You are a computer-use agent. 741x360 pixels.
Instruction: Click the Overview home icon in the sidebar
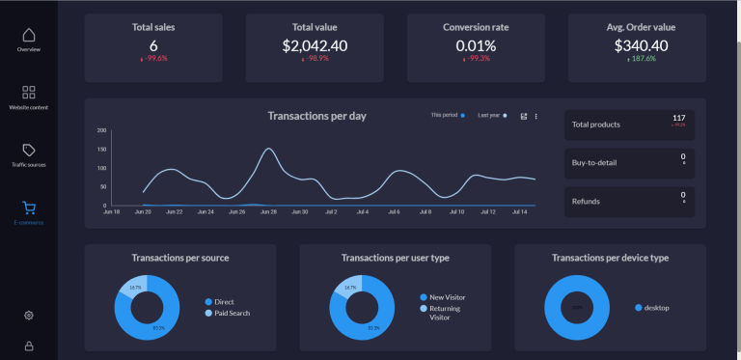(x=29, y=35)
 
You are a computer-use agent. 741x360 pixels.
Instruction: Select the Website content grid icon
(x=29, y=93)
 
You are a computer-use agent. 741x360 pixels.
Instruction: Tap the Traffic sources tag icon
(x=29, y=151)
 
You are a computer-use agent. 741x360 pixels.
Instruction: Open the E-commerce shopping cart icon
(x=29, y=208)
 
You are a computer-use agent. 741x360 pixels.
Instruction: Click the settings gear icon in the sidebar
(x=29, y=315)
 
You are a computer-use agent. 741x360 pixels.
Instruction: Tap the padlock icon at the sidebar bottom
(x=29, y=346)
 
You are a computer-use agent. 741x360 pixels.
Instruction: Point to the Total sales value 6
(x=153, y=45)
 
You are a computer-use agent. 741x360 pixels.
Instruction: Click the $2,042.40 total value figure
(x=316, y=45)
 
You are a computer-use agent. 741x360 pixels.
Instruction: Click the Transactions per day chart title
(x=316, y=116)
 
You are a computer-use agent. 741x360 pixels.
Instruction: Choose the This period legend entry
(x=448, y=116)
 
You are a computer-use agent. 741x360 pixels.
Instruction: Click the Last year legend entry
(x=492, y=116)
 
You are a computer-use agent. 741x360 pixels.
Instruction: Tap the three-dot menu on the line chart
(x=536, y=117)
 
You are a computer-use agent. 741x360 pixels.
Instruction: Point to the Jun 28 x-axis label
(x=268, y=211)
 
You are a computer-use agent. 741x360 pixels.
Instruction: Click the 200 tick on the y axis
(x=101, y=130)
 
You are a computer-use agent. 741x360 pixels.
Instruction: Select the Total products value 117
(x=678, y=118)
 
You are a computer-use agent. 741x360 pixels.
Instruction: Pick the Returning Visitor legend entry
(x=445, y=312)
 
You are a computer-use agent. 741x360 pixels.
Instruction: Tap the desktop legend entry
(x=656, y=308)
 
